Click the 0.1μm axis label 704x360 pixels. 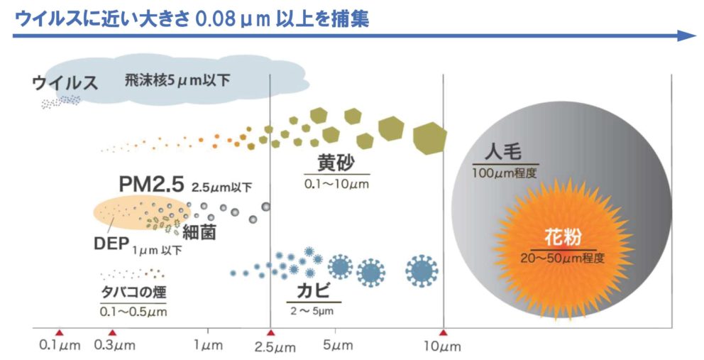click(60, 346)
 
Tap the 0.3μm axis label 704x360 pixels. click(114, 346)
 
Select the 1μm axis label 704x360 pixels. click(209, 346)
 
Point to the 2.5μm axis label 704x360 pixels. click(275, 347)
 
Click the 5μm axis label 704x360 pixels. click(338, 345)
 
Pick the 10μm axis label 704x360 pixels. click(442, 347)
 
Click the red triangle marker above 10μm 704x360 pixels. click(444, 332)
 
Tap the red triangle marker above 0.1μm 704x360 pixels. click(60, 332)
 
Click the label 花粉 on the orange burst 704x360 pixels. click(563, 237)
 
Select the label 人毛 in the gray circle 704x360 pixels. click(503, 153)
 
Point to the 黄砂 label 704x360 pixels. click(336, 163)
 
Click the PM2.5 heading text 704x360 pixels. click(152, 185)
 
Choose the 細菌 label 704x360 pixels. click(199, 232)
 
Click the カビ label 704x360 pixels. click(314, 291)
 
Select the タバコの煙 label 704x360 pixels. click(133, 293)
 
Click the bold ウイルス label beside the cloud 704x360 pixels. click(65, 83)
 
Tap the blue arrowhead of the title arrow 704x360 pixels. click(687, 36)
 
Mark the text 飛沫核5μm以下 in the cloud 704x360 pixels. click(177, 81)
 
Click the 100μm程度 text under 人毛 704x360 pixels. click(504, 173)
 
